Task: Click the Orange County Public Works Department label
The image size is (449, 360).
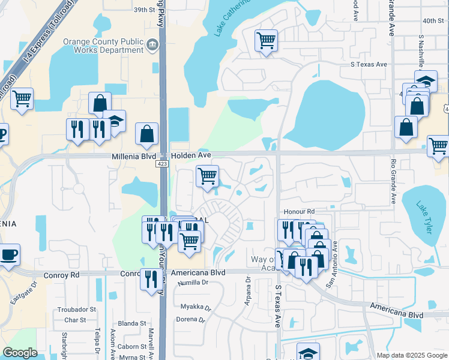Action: pos(103,46)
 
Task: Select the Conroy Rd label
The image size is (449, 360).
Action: pos(61,275)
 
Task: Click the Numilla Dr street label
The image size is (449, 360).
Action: pos(192,282)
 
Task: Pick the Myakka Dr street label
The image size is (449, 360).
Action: pos(196,307)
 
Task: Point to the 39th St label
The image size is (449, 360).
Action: pos(144,10)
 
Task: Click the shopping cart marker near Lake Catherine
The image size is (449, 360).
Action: pos(266,41)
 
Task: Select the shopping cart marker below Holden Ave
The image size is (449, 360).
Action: pos(206,176)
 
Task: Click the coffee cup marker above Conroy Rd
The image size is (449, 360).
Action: pos(8,254)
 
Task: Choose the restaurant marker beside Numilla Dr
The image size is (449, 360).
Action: pos(149,278)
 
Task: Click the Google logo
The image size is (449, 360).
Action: pos(20,353)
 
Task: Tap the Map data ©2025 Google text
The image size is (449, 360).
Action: pos(411,355)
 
